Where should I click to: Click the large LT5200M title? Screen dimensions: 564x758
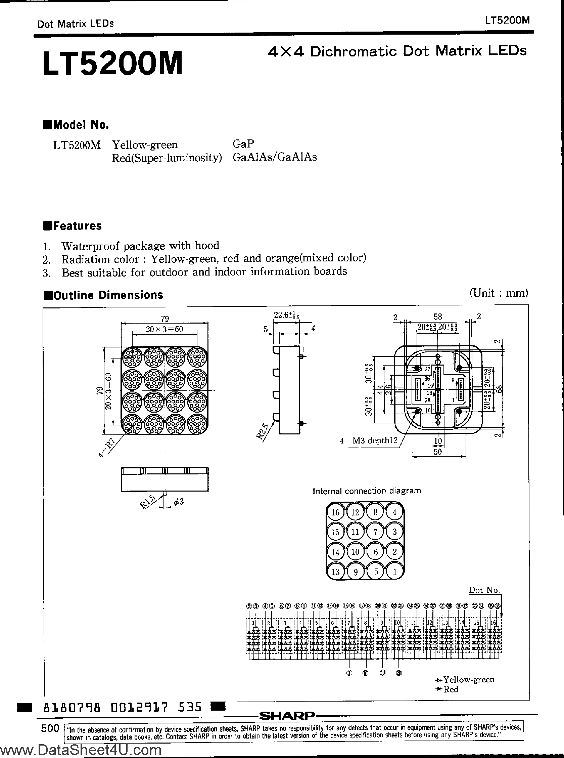click(x=113, y=63)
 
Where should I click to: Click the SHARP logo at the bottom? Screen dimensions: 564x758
click(x=287, y=715)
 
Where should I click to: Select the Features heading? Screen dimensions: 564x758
click(x=73, y=226)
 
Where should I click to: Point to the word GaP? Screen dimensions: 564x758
click(x=243, y=144)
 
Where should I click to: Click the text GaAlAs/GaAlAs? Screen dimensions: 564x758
click(x=275, y=157)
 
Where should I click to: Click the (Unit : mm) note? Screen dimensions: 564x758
click(x=499, y=293)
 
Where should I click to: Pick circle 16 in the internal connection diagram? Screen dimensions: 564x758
click(x=336, y=512)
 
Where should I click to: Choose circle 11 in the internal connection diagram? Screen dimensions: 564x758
click(x=356, y=532)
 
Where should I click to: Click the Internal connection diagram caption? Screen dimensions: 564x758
click(x=367, y=491)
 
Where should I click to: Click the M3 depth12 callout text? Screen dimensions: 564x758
click(x=375, y=440)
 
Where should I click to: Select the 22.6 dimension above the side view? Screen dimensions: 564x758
click(x=286, y=315)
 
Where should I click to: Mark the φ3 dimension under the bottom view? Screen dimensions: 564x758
click(x=179, y=502)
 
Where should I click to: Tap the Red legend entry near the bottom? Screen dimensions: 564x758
click(x=450, y=689)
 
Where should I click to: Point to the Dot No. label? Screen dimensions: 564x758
click(x=484, y=590)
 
